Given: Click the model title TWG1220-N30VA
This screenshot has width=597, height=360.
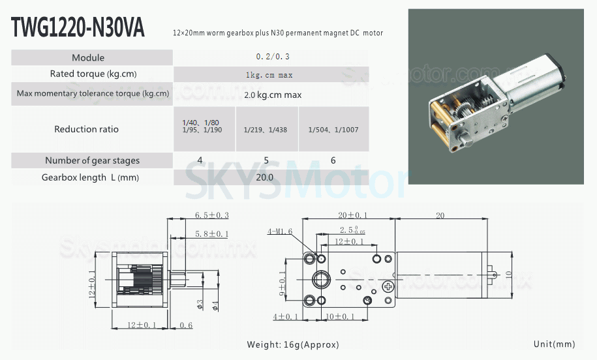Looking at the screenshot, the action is coord(78,27).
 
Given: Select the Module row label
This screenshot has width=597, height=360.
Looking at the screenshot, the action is coord(88,58).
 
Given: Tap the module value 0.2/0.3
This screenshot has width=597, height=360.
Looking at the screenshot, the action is coord(273,57).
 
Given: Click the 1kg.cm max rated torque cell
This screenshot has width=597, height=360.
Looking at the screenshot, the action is coord(269,75).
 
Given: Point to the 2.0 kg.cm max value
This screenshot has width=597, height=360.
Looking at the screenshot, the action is coord(273,95).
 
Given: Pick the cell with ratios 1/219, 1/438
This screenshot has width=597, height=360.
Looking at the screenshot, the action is coord(266,130).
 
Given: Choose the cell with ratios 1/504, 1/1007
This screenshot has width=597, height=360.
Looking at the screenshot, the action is coord(333,130).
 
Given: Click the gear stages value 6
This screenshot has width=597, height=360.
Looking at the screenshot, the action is coord(333,160).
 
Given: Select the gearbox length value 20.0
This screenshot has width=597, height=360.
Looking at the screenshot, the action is coord(265,177).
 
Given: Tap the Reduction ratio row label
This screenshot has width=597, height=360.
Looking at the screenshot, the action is coord(86,129).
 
